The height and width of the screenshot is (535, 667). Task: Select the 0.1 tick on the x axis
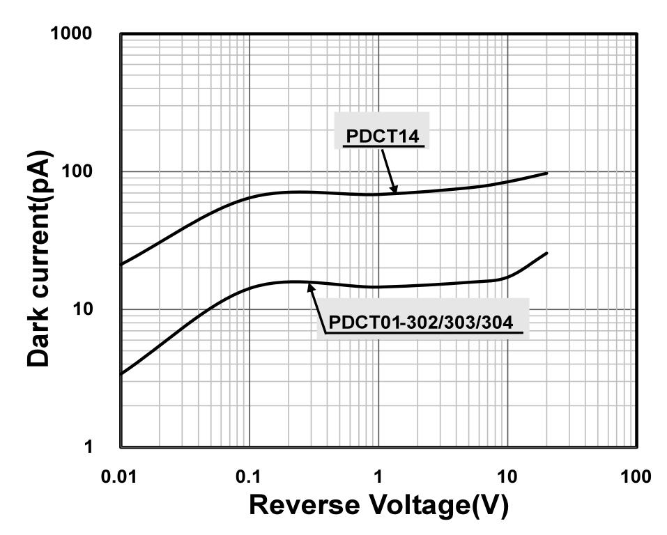[250, 477]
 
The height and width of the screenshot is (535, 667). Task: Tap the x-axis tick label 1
[378, 477]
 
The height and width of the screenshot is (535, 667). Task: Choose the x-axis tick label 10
[507, 477]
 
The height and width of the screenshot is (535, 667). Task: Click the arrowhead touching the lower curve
[310, 285]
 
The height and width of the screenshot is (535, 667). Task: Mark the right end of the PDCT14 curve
[547, 173]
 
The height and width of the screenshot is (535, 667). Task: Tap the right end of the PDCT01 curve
[547, 253]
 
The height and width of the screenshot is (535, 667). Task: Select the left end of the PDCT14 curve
[121, 265]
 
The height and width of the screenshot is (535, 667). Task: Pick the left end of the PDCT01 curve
[121, 374]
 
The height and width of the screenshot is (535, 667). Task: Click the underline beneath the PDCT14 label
[383, 147]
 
